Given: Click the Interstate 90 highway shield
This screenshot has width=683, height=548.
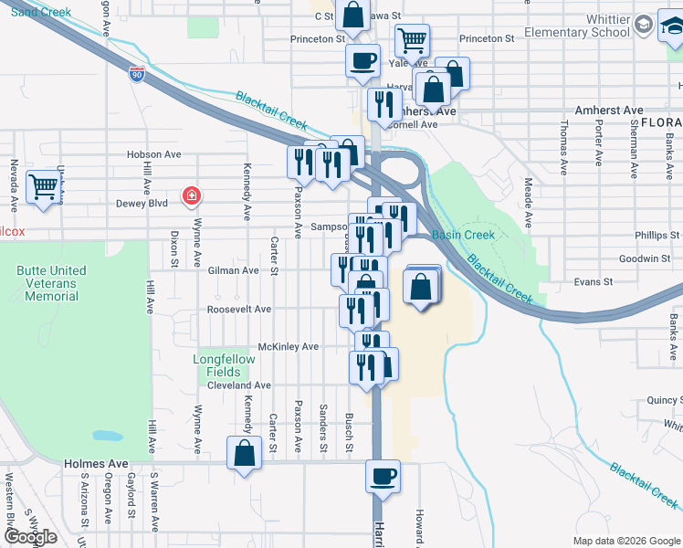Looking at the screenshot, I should point(136,75).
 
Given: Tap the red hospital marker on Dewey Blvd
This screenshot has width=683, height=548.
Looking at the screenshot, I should point(191,195).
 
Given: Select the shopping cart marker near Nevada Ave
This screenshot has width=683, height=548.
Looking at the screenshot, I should point(44,187).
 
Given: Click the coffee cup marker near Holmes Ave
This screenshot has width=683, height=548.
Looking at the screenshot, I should point(383,475).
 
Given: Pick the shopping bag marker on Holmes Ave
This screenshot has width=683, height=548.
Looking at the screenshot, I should point(245,452).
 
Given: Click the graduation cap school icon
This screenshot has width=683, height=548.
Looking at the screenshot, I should point(643,24).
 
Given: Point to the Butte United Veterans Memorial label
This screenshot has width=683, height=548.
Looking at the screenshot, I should point(51,283).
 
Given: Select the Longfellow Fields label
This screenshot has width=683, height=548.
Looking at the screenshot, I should point(224,365).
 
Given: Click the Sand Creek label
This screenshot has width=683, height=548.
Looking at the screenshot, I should point(41,12).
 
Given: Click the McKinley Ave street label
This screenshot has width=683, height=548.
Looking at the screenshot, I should point(289,347).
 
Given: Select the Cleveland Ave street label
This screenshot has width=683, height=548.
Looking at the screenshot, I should point(239,385).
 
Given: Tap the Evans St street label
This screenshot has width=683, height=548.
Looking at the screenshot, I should point(593,282).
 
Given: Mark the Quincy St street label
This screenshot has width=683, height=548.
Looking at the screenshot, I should point(662,400).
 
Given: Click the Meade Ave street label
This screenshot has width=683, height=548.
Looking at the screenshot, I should point(528,197).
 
